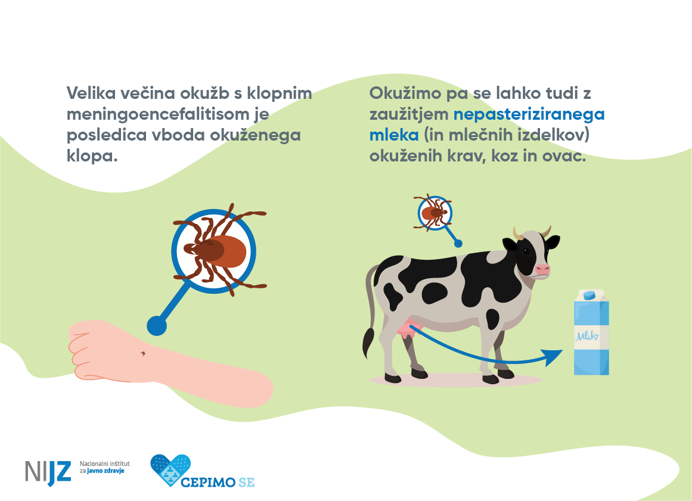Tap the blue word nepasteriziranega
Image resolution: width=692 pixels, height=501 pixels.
point(529,114)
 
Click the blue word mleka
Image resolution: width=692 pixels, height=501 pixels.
point(394,135)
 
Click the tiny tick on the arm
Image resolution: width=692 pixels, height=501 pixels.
point(143,353)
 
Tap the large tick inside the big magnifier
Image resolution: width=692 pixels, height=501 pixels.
point(216,250)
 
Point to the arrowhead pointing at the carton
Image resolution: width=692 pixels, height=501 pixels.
point(553,356)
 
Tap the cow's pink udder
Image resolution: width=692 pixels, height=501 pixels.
point(410,328)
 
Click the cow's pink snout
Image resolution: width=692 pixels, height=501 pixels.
point(541,269)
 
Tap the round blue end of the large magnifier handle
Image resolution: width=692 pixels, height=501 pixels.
point(156,325)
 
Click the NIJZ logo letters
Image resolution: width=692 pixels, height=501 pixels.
point(48,471)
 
